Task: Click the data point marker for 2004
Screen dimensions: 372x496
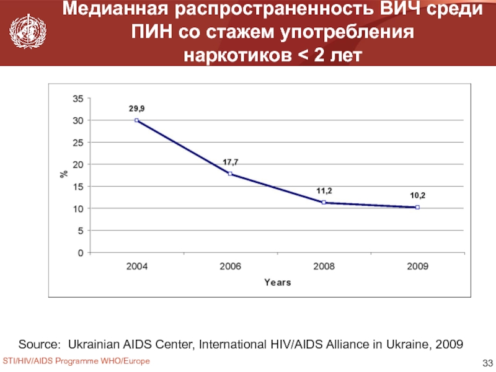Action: (x=136, y=120)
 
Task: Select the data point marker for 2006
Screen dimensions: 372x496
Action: (x=231, y=174)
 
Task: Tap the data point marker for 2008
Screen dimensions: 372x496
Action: (x=324, y=203)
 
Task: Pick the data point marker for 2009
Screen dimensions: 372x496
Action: (x=418, y=207)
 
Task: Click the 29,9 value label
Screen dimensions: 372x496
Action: (x=137, y=108)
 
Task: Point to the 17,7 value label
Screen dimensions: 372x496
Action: (x=231, y=162)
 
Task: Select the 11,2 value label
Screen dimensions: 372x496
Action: (x=324, y=191)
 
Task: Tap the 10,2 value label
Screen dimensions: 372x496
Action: (x=418, y=195)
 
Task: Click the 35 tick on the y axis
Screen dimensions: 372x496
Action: (x=77, y=98)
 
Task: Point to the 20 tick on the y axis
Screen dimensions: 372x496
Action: (x=77, y=164)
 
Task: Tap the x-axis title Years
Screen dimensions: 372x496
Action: (x=277, y=282)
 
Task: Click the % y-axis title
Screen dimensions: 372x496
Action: (x=63, y=175)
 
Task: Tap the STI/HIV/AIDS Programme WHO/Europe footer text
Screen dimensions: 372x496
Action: (x=76, y=361)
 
